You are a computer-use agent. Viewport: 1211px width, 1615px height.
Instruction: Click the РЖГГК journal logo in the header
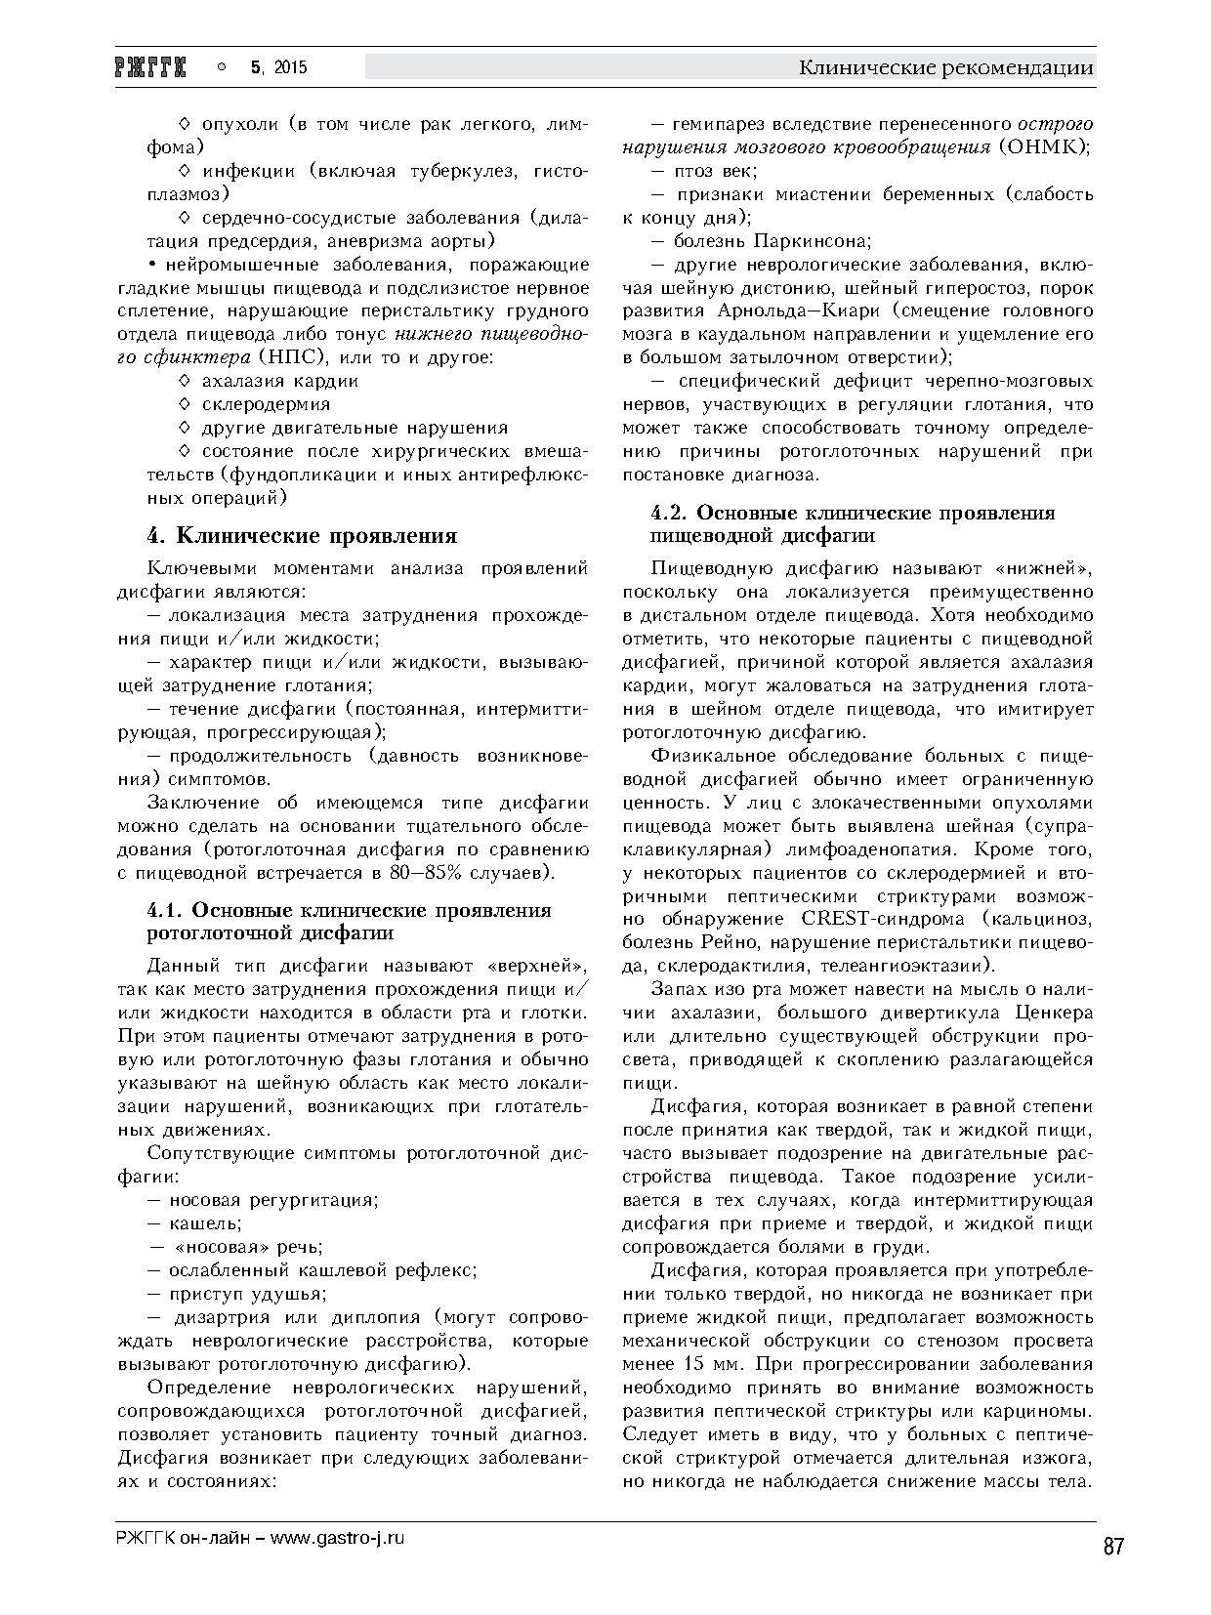click(156, 67)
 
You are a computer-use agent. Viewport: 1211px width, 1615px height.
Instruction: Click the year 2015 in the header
click(290, 67)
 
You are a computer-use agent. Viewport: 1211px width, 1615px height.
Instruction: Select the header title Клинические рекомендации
click(945, 67)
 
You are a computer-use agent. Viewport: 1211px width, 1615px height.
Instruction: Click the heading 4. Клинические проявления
click(302, 535)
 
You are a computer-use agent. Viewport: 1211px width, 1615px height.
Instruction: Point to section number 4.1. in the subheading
click(166, 910)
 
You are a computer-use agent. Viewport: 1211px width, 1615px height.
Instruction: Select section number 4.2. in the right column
click(671, 513)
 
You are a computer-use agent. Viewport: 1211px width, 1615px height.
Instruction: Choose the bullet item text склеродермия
click(266, 403)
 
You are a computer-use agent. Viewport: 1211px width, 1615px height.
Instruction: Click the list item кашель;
click(205, 1223)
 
